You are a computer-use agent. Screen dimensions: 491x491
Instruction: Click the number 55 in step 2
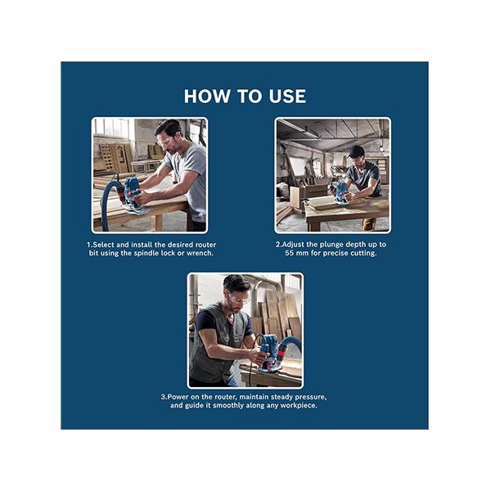point(289,253)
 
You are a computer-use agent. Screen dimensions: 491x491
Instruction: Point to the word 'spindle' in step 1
point(146,254)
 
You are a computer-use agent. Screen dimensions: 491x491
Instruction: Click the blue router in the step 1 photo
point(133,193)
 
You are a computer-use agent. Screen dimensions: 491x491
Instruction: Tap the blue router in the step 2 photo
point(337,191)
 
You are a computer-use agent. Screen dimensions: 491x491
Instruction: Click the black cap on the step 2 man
point(355,151)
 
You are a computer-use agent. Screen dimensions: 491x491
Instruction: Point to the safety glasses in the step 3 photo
point(239,300)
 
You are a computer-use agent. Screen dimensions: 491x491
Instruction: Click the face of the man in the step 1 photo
point(165,143)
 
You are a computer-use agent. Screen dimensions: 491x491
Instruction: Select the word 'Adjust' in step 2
point(294,245)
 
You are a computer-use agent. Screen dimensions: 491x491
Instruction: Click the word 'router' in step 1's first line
point(205,245)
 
